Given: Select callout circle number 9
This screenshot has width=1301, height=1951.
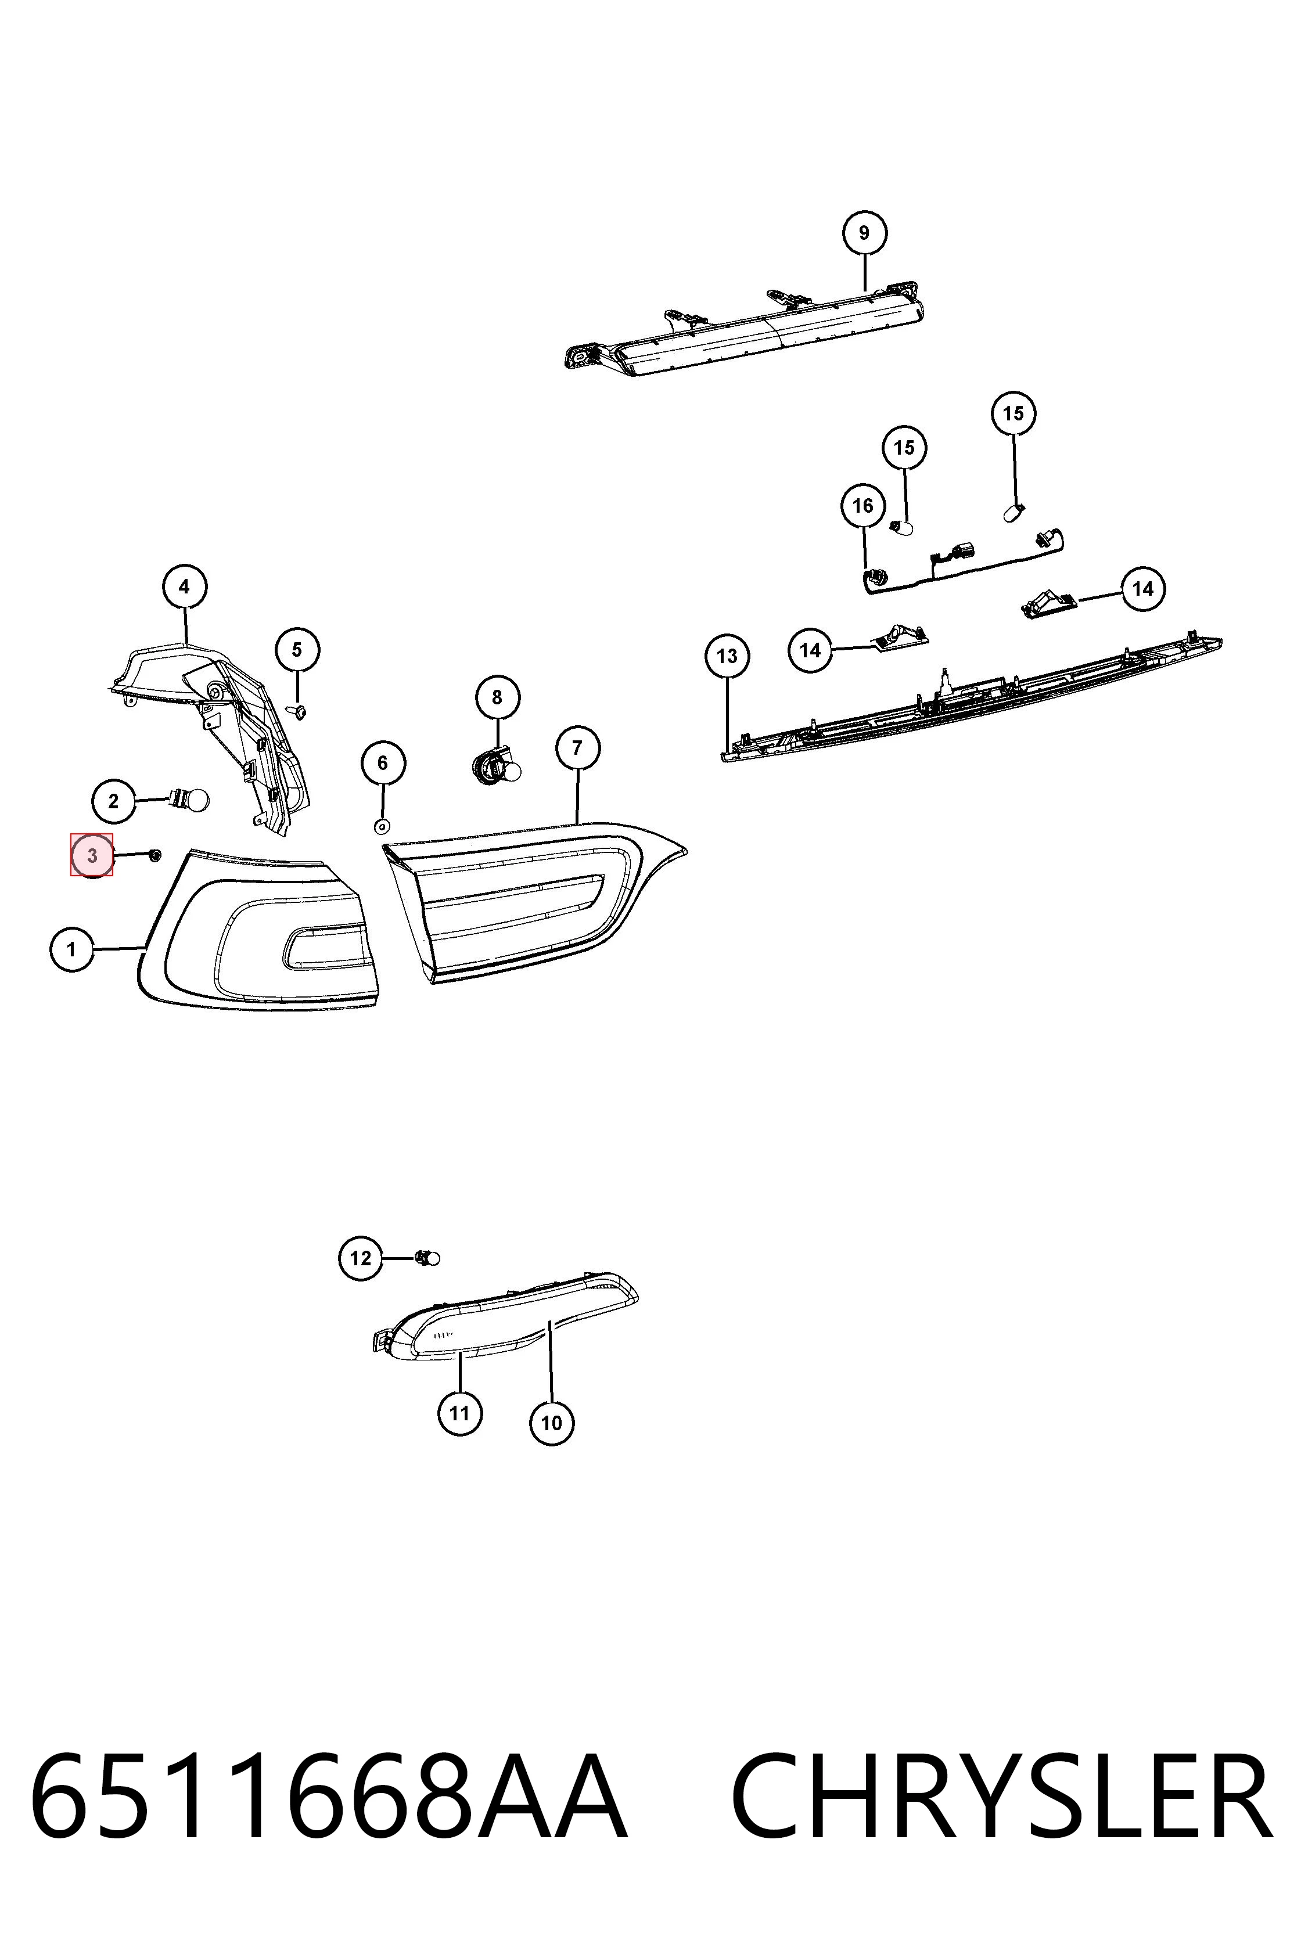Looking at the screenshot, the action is click(864, 233).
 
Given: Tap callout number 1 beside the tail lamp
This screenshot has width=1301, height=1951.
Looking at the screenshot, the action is click(71, 949).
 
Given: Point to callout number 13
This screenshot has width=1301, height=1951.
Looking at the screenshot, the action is click(727, 656).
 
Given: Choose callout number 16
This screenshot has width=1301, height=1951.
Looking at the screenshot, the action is click(863, 506).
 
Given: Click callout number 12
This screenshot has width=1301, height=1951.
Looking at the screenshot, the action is click(361, 1258).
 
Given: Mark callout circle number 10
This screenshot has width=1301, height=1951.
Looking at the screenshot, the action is click(552, 1423).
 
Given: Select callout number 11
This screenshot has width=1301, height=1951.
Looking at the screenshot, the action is click(459, 1413).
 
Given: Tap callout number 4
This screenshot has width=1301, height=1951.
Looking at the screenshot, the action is click(184, 587).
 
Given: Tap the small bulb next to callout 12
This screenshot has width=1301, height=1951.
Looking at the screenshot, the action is click(427, 1258).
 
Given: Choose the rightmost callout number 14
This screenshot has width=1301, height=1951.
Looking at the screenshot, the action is click(1142, 589).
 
